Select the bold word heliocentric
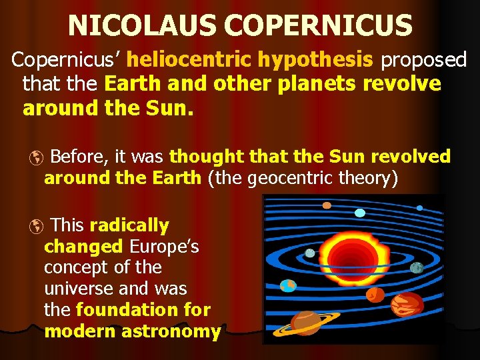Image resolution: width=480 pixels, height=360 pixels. point(189,61)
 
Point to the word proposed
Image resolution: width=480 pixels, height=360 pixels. point(423,61)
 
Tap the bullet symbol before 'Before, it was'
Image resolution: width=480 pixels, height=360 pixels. point(37,158)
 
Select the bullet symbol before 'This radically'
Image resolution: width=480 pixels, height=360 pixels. point(37,227)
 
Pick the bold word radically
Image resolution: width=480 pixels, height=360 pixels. point(129,225)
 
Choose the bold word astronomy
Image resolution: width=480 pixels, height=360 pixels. point(174,331)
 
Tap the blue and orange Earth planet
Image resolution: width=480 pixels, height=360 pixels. point(288,285)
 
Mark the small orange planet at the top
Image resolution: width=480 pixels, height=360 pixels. point(327,205)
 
